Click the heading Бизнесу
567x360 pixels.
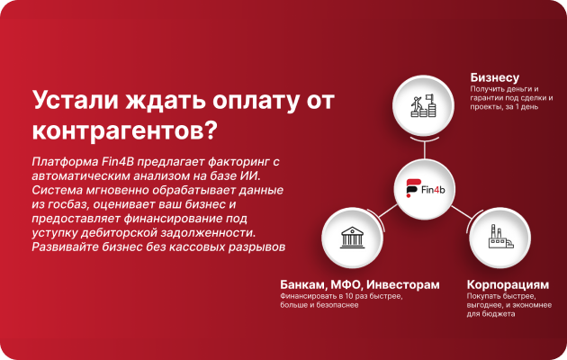pyautogui.click(x=495, y=77)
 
